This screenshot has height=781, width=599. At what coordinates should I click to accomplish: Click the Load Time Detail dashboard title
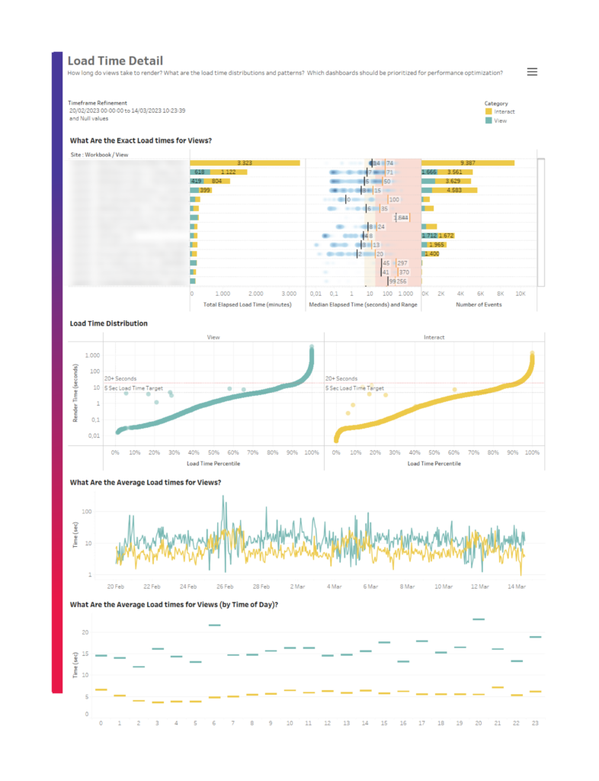tap(115, 61)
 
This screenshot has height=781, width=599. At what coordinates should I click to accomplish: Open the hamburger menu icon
tap(532, 72)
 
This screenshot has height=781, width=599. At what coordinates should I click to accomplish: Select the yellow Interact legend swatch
tap(488, 112)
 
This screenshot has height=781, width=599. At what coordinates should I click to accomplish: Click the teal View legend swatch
tap(488, 121)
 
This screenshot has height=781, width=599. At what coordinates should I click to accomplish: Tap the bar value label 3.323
tap(245, 163)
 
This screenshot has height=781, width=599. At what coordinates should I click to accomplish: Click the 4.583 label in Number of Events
tap(455, 191)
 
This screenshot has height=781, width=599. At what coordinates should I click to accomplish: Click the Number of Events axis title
tap(477, 304)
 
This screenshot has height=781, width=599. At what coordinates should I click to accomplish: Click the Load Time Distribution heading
tap(108, 323)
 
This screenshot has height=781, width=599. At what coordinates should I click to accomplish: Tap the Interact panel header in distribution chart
tap(434, 336)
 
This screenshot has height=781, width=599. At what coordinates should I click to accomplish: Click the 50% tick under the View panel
tap(213, 453)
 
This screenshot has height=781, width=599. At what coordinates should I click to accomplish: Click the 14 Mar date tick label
tap(516, 587)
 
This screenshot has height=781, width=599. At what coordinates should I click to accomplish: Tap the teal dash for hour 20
tap(479, 619)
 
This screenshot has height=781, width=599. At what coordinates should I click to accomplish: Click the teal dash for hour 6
tap(214, 625)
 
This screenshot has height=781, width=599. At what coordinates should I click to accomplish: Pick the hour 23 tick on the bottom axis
tap(536, 723)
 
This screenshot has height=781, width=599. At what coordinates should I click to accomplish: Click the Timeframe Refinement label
tap(98, 103)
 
